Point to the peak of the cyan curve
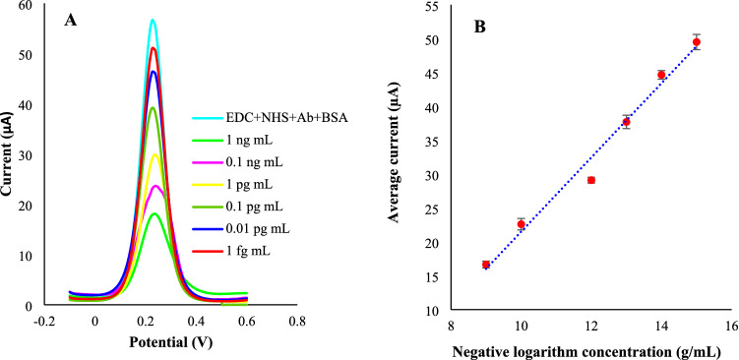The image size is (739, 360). (153, 20)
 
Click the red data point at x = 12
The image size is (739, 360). (591, 180)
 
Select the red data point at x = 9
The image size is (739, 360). (486, 265)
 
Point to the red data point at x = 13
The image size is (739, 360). (627, 122)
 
